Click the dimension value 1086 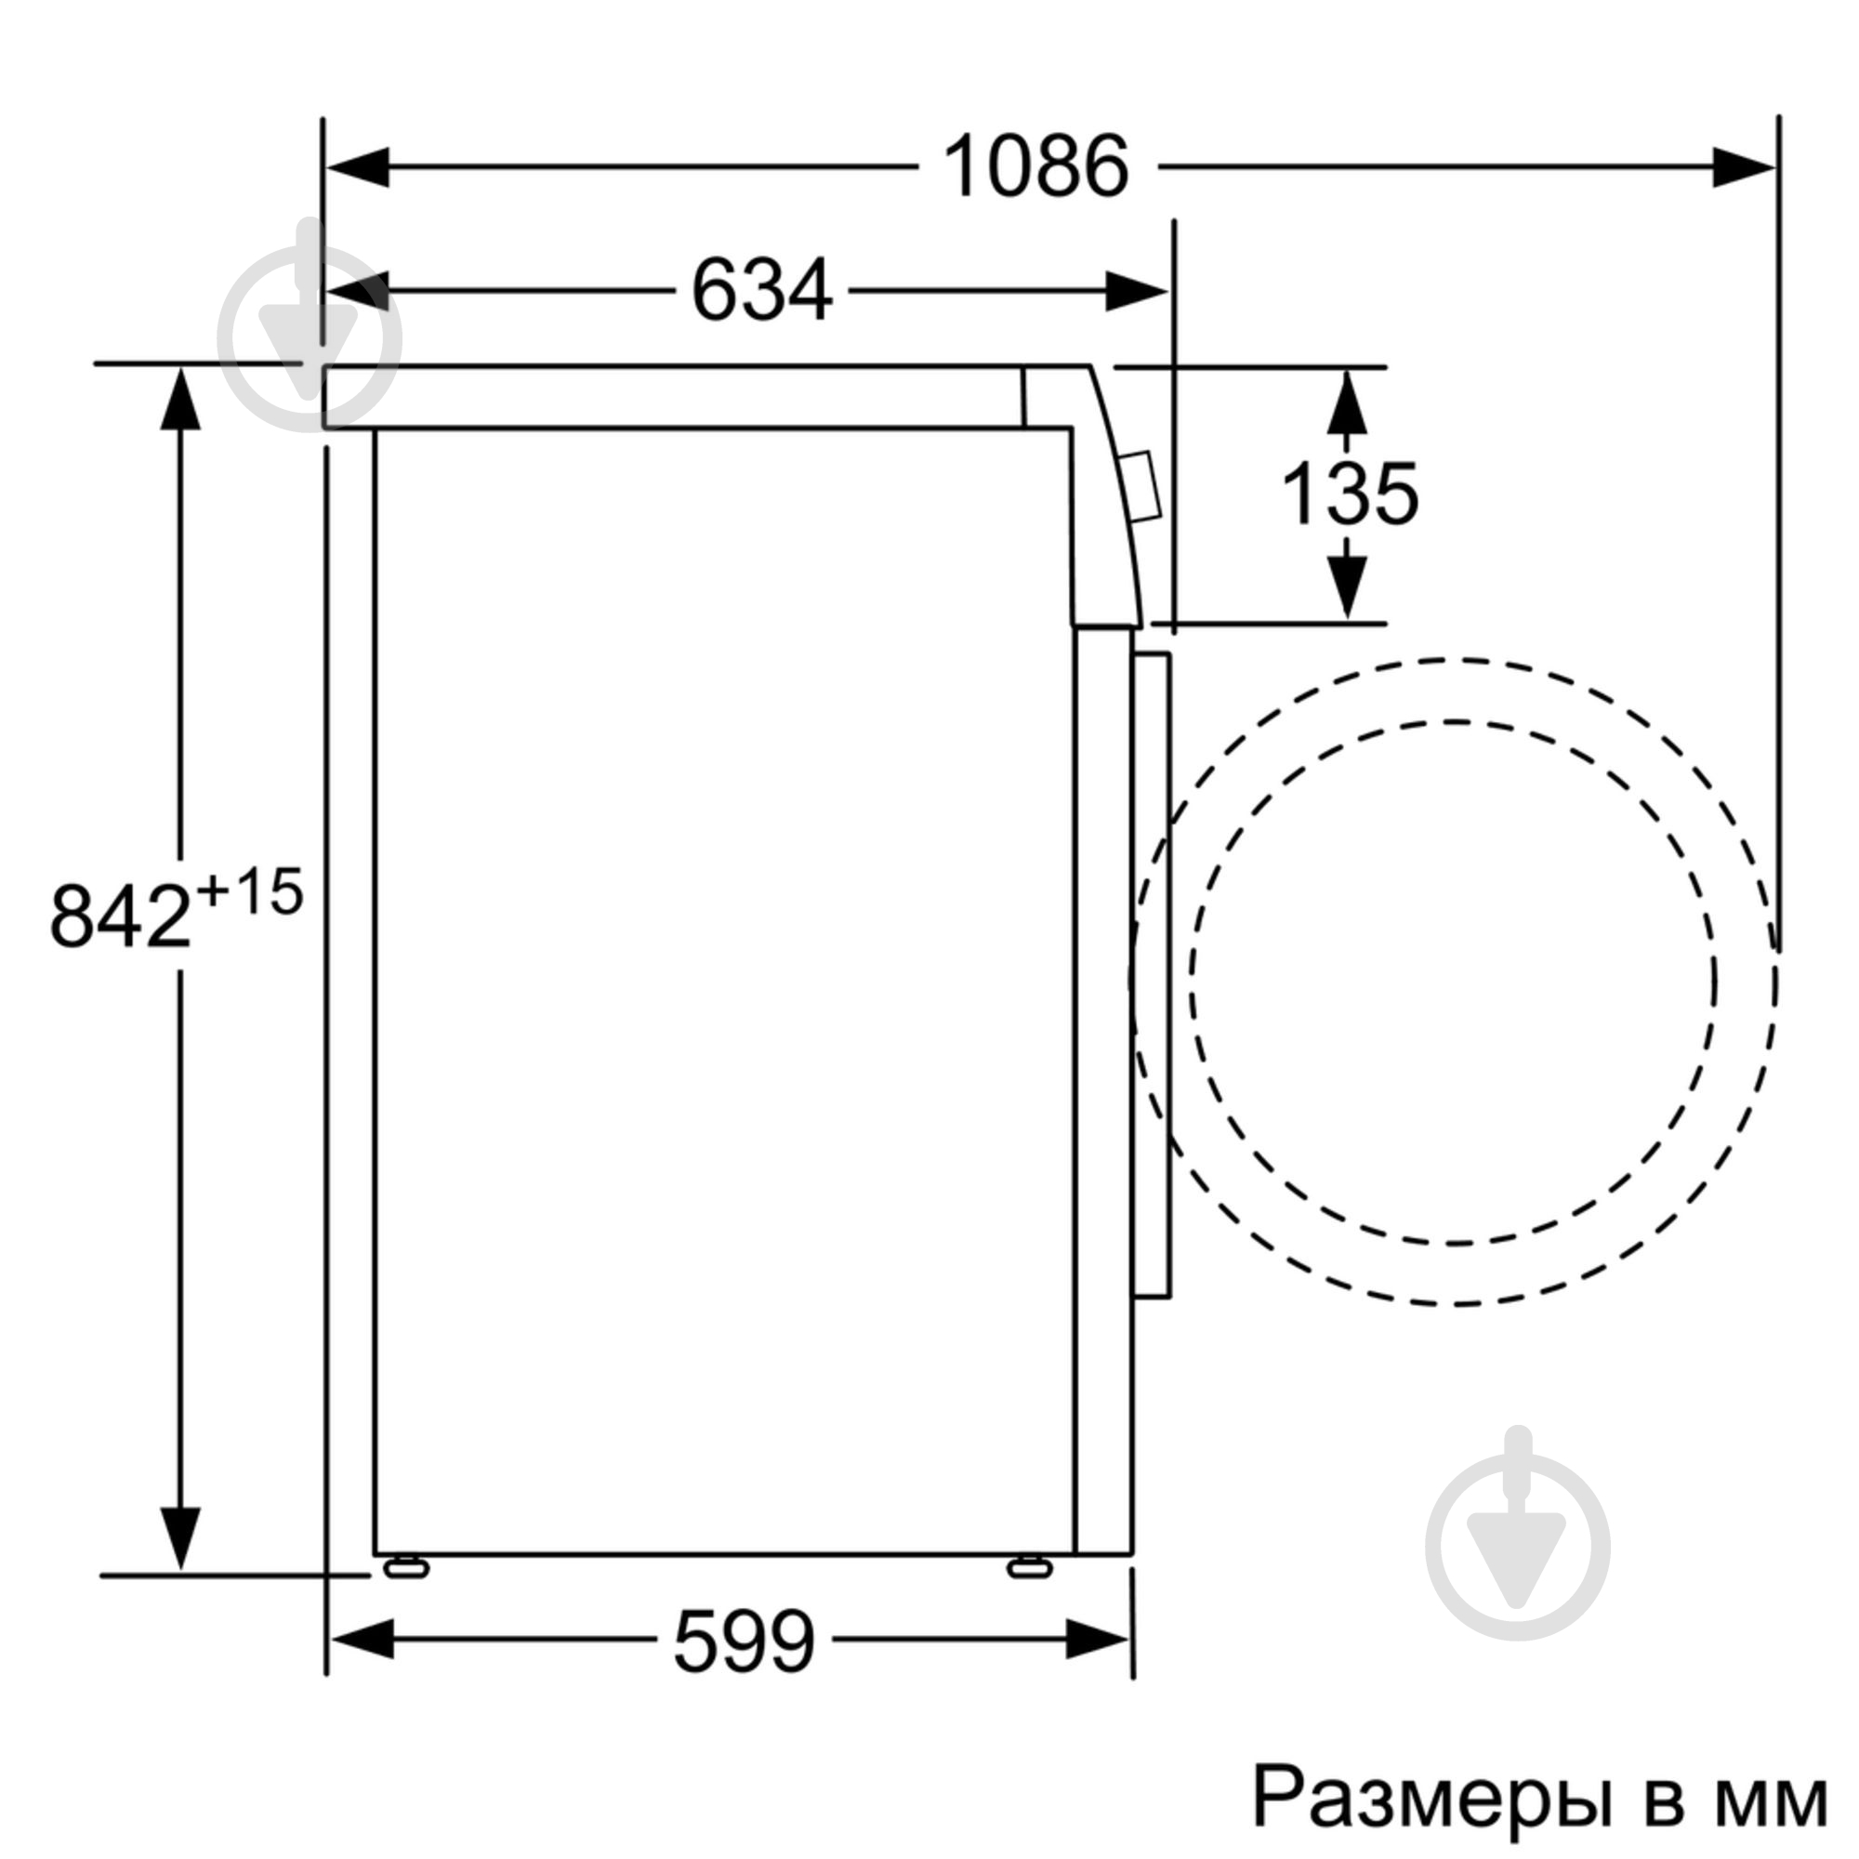(1035, 167)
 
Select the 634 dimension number (761, 291)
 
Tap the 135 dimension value (1349, 494)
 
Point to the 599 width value (744, 1641)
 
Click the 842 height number (120, 916)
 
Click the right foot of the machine (1030, 1568)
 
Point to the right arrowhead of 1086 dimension (1742, 167)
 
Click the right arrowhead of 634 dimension (1136, 291)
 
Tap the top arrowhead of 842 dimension (180, 400)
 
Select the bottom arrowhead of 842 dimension (180, 1536)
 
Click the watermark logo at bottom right (1518, 1547)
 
